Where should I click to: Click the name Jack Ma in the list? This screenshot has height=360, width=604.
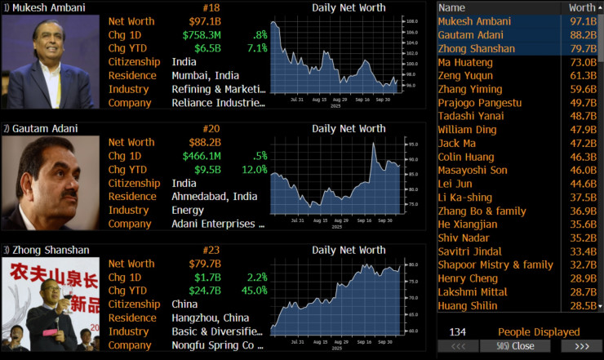point(457,143)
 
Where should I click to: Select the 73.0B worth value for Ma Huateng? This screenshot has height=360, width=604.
point(583,62)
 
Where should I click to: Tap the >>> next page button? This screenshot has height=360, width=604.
point(582,347)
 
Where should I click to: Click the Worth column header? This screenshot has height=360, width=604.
point(582,7)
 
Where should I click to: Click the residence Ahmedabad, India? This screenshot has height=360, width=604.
point(214,197)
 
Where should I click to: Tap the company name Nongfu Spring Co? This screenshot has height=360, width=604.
point(217,345)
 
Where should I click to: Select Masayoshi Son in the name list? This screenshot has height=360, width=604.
point(472,170)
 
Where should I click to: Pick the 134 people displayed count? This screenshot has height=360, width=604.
point(458,332)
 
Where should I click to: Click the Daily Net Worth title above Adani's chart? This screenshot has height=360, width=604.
point(349,129)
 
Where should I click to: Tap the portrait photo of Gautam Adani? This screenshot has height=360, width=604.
point(50,183)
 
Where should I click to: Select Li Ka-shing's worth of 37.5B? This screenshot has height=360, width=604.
point(583,198)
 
